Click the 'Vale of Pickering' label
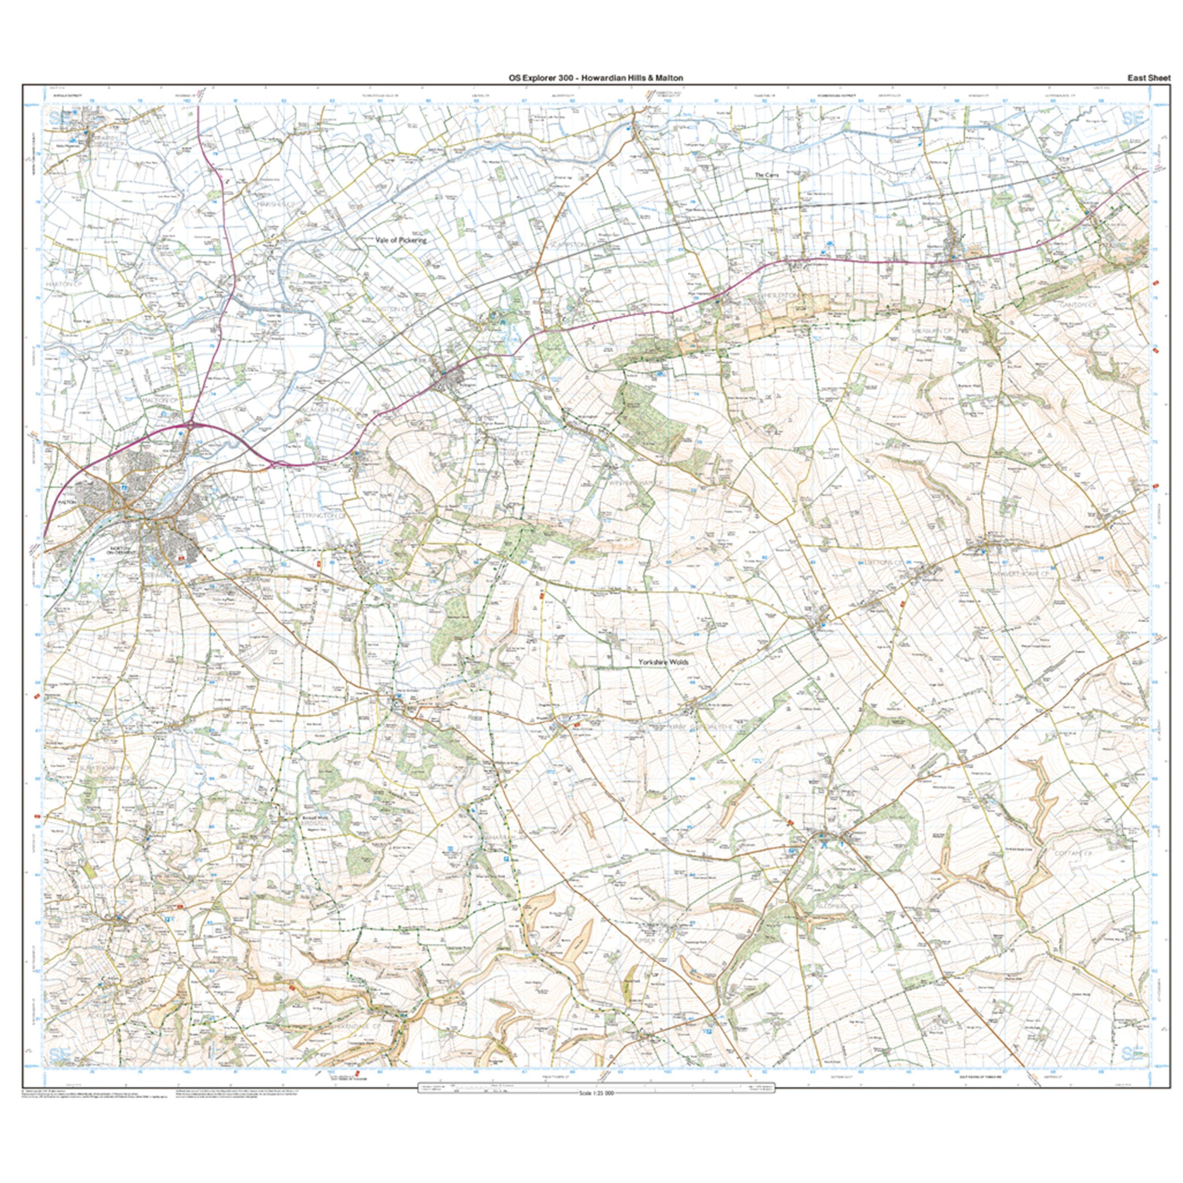pyautogui.click(x=401, y=241)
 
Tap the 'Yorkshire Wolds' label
pyautogui.click(x=664, y=662)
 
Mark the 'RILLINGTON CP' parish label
pyautogui.click(x=386, y=310)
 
